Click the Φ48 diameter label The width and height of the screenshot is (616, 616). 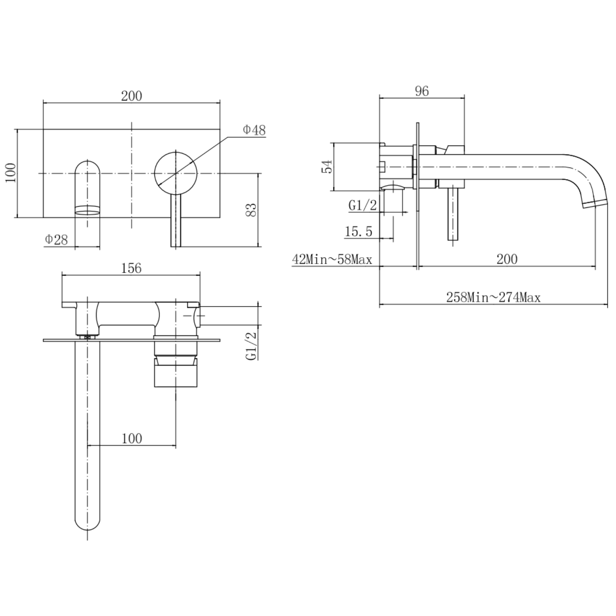point(254,130)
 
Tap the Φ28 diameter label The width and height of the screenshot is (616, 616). point(56,239)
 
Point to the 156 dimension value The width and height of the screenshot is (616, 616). point(131,268)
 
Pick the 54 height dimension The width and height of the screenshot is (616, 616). point(327,167)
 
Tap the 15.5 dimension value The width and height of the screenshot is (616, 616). point(358,232)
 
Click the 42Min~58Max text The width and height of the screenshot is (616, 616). point(332,260)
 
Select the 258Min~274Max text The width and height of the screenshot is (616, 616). point(493,297)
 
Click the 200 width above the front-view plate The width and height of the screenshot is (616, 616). point(131,96)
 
